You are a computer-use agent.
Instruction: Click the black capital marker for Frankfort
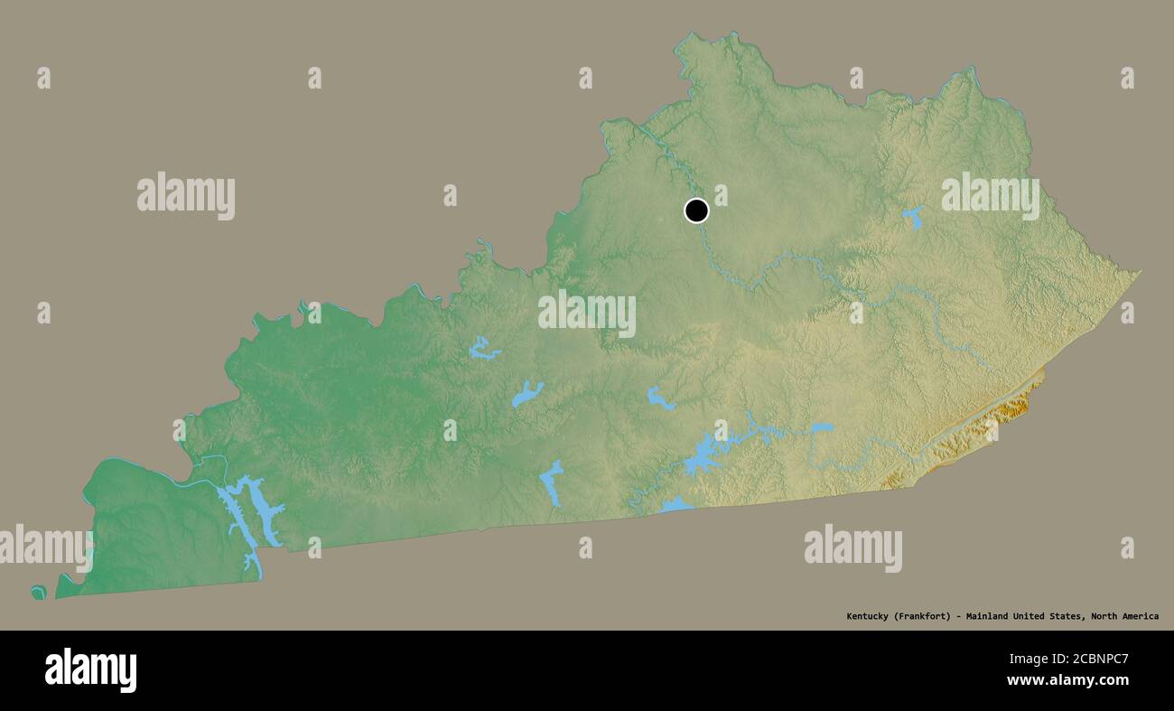click(x=696, y=210)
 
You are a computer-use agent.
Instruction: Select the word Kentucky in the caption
click(x=867, y=616)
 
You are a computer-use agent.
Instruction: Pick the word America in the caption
click(x=1141, y=616)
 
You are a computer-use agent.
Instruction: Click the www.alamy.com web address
click(x=1067, y=680)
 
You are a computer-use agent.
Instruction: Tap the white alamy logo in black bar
click(x=90, y=670)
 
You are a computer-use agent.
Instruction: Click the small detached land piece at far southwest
click(x=39, y=593)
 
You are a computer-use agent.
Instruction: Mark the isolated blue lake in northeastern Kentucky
click(x=913, y=217)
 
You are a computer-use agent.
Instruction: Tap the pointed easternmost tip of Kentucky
click(x=1139, y=271)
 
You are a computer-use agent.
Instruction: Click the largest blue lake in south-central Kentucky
click(x=703, y=456)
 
